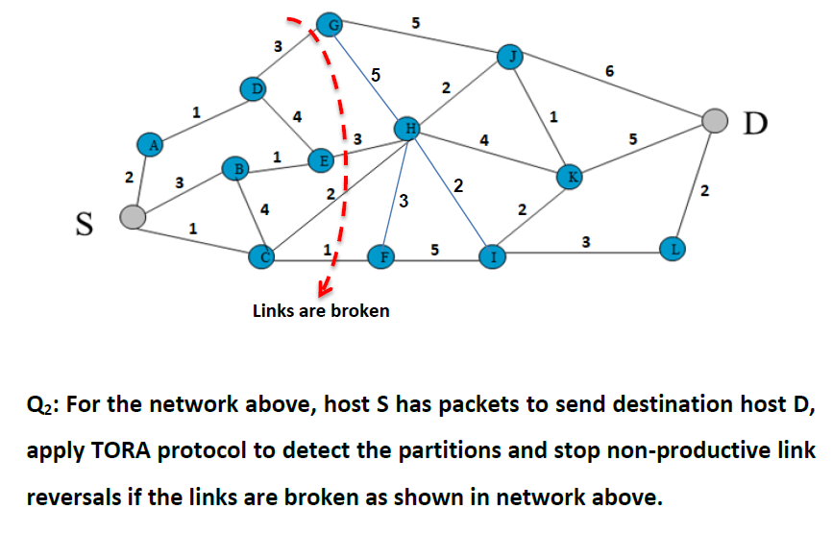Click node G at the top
[329, 25]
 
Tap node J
[512, 57]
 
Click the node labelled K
[570, 177]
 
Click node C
[260, 255]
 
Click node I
[493, 256]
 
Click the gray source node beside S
[134, 217]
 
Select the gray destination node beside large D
[714, 120]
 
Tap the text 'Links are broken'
[321, 311]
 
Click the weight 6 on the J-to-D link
[611, 70]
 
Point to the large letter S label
[84, 225]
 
